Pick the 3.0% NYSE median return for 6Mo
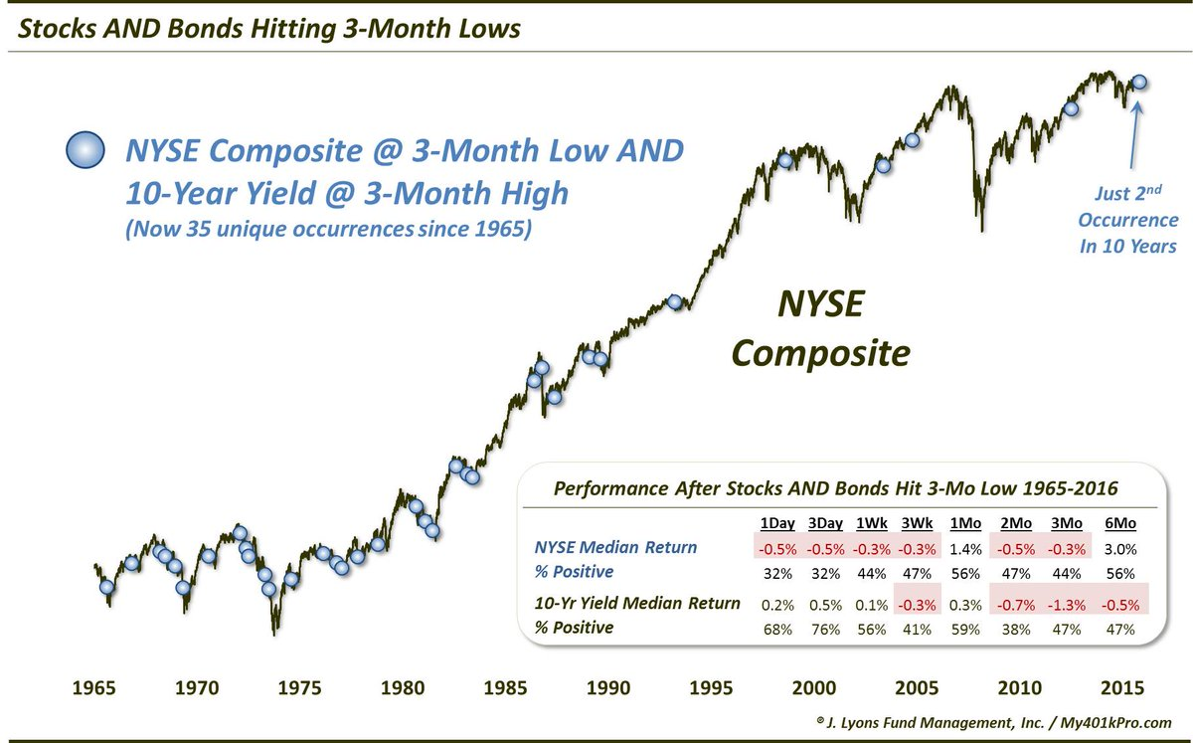pos(1119,547)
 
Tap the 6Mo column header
pos(1119,523)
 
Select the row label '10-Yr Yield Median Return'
pos(636,603)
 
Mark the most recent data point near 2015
pos(1139,83)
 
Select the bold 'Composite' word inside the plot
pos(820,351)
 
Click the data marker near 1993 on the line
pos(675,301)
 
